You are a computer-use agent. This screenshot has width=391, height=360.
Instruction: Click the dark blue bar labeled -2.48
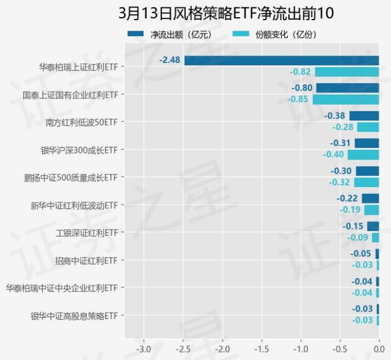pos(282,61)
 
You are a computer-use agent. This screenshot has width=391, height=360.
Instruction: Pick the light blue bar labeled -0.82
pos(347,72)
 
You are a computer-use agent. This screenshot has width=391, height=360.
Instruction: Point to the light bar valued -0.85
pos(346,99)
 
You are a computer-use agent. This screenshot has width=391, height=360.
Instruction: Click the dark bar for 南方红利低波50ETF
pos(364,116)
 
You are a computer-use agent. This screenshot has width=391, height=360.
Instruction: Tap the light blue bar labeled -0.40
pos(363,155)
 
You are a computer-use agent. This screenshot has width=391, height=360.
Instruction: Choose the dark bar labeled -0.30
pos(367,171)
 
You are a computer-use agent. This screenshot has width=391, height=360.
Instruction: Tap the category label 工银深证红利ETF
pos(86,233)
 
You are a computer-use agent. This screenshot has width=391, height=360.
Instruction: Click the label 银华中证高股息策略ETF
pos(73,316)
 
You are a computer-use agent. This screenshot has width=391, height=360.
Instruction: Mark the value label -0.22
pos(347,199)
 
